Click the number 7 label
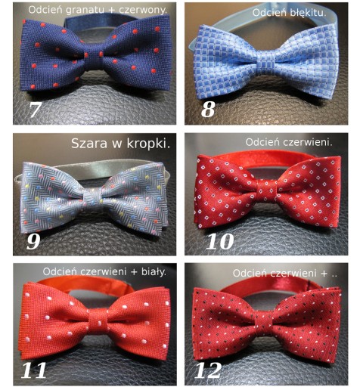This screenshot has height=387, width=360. (35, 110)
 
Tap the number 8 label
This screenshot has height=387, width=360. (208, 110)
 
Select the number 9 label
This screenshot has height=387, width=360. (33, 241)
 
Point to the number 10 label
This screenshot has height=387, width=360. (219, 241)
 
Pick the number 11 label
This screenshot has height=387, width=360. (34, 370)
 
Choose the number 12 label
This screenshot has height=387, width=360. (208, 370)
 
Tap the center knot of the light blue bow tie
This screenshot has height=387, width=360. (266, 63)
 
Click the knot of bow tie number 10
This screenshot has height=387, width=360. (268, 191)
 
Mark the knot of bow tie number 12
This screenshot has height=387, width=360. (265, 323)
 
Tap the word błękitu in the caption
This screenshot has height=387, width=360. (307, 13)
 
